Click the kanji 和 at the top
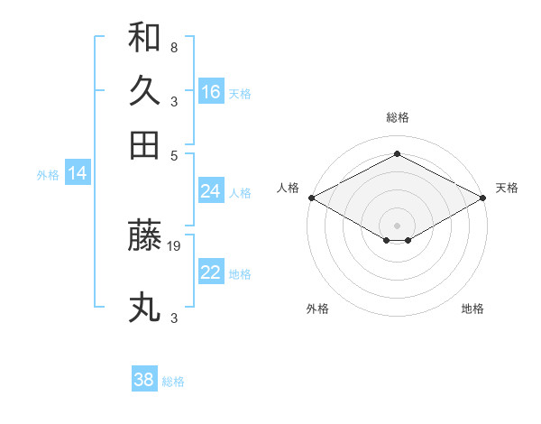coord(144,39)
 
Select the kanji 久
coord(144,91)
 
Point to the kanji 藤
coord(144,236)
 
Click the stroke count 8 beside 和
coord(173,47)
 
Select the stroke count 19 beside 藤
coord(175,244)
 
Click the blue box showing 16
coord(211,92)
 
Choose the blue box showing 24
coord(211,191)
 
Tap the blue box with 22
coord(211,272)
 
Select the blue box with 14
coord(78,174)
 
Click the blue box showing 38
coord(144,380)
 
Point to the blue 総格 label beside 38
coord(173,382)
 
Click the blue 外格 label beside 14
coord(48,175)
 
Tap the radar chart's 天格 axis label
coord(507,188)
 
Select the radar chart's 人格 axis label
coord(288,188)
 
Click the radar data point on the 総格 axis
coord(397,153)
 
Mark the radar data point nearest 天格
coord(483,198)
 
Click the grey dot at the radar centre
coord(397,224)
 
